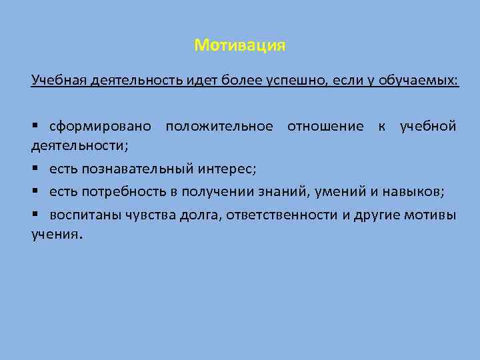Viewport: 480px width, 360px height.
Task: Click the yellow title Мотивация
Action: (240, 45)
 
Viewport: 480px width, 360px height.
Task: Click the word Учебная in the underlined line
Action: (54, 81)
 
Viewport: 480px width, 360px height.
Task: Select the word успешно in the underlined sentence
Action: (285, 81)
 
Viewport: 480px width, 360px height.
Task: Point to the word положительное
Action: (219, 126)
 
